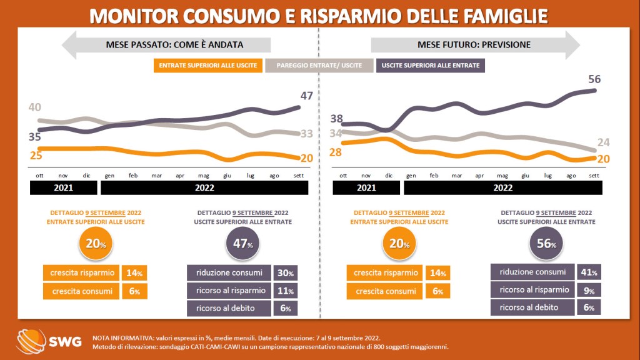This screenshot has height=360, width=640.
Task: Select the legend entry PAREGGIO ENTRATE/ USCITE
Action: (319, 65)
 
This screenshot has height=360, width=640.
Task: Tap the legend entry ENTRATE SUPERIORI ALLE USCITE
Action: (207, 65)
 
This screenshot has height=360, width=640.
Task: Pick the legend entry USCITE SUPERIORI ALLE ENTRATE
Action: (431, 65)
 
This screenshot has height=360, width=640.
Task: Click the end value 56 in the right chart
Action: (594, 79)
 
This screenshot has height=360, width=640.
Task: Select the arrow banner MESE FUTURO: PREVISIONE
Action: (475, 44)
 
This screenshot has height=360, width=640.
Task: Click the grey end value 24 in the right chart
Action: (602, 143)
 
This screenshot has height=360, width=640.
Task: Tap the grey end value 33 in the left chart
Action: (307, 133)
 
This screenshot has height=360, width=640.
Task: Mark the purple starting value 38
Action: (337, 119)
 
